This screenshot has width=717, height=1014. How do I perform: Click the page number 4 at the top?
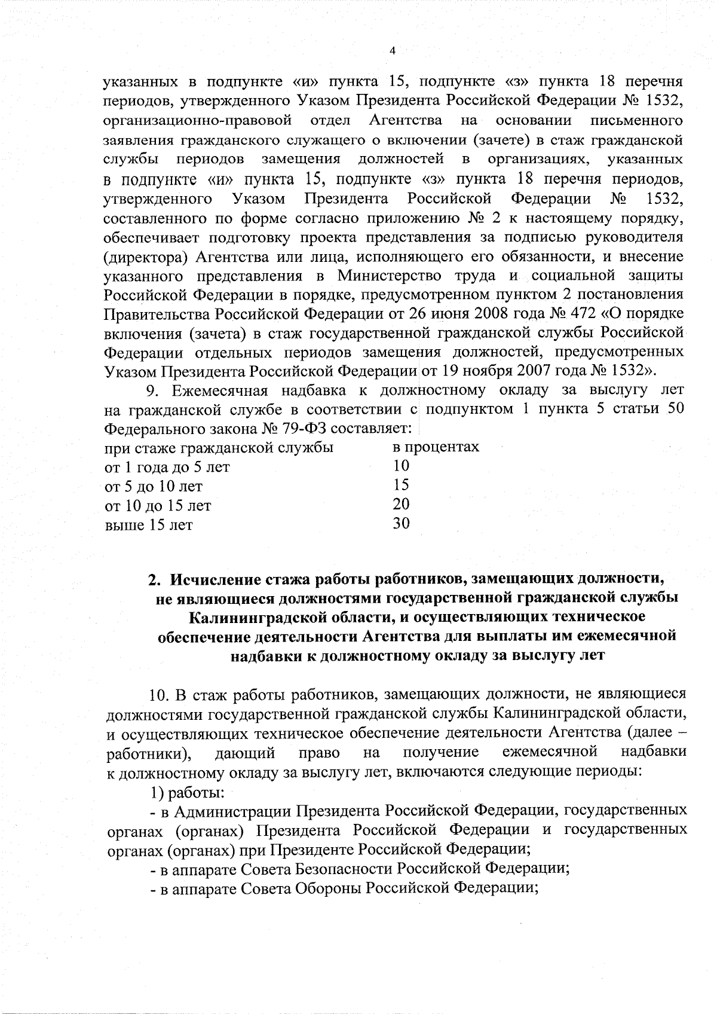393,51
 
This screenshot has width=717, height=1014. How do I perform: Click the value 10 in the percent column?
401,466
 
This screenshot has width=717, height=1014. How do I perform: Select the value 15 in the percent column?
401,485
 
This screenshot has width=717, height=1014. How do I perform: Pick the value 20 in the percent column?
401,505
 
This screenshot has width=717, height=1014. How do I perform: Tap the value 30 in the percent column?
401,524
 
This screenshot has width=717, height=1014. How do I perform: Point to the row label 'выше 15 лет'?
149,526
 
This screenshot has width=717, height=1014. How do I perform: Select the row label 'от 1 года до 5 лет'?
167,467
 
